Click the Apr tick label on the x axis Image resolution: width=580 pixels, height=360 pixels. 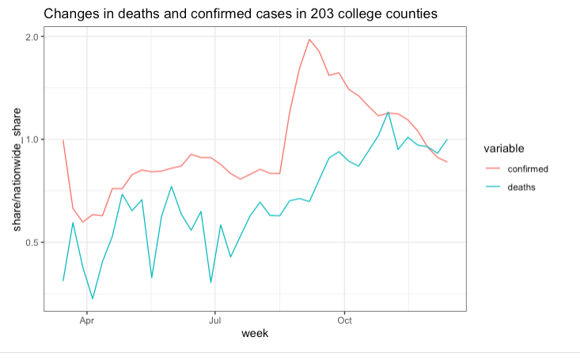tap(86, 321)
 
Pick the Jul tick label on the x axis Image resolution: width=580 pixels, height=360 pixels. tap(214, 321)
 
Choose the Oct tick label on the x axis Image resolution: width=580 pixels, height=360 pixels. tap(344, 321)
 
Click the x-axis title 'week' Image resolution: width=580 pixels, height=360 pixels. tap(255, 334)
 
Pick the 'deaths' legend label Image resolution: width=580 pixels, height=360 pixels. tap(522, 187)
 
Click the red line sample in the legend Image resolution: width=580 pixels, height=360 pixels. tap(495, 169)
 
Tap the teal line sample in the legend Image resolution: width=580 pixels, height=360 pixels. tap(495, 187)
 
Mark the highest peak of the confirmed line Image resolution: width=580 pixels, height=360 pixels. tap(309, 40)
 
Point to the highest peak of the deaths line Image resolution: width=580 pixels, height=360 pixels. tap(388, 112)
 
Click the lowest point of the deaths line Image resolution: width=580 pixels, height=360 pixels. tap(93, 298)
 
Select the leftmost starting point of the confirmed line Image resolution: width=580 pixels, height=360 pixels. tap(63, 140)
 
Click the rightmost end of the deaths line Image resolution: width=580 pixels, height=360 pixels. tap(447, 139)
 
